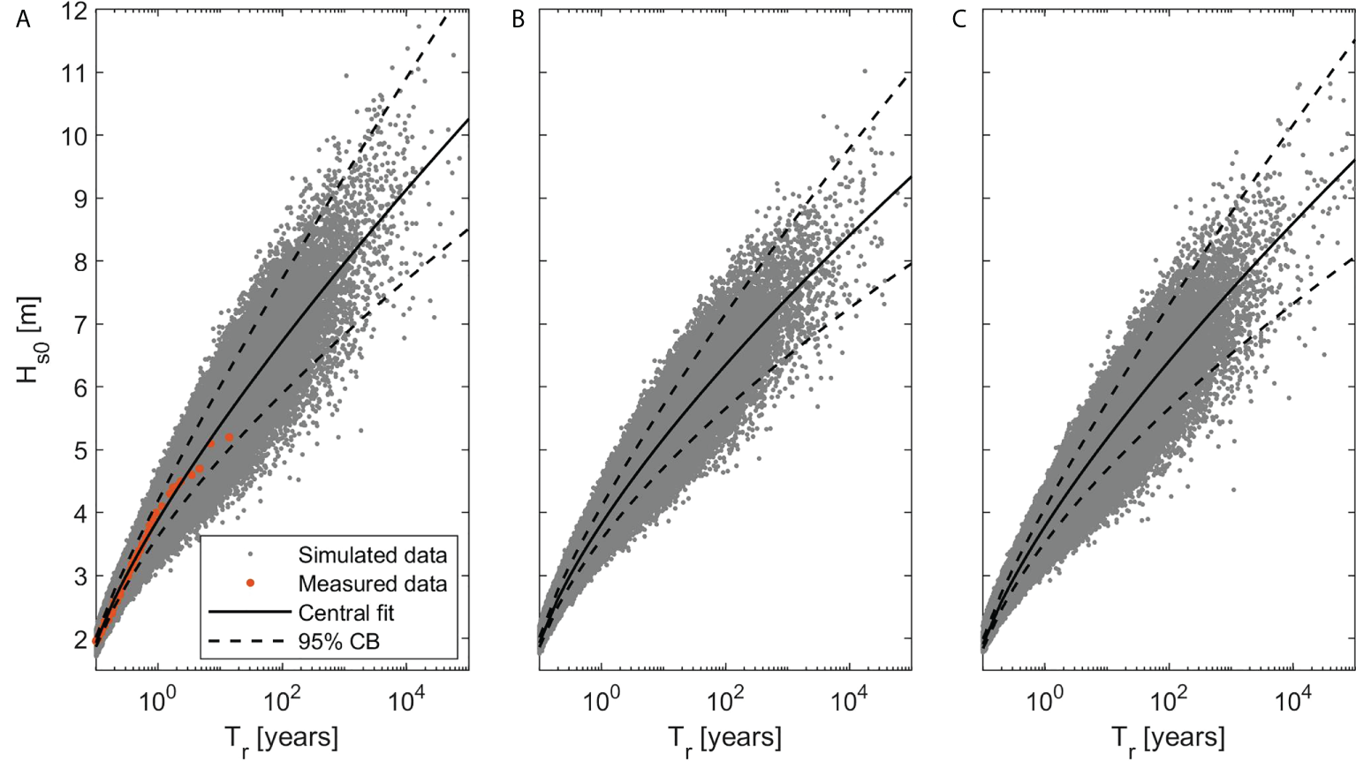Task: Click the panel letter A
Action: coord(23,19)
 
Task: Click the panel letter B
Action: coord(518,19)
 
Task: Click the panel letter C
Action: coord(959,19)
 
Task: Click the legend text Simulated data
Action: coord(372,555)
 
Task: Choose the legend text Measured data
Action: coord(372,584)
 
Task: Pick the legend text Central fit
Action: coord(345,613)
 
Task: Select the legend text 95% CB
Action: coord(338,641)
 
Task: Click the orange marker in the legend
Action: coord(250,583)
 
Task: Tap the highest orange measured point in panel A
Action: coord(230,437)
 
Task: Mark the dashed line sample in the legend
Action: coord(250,640)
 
